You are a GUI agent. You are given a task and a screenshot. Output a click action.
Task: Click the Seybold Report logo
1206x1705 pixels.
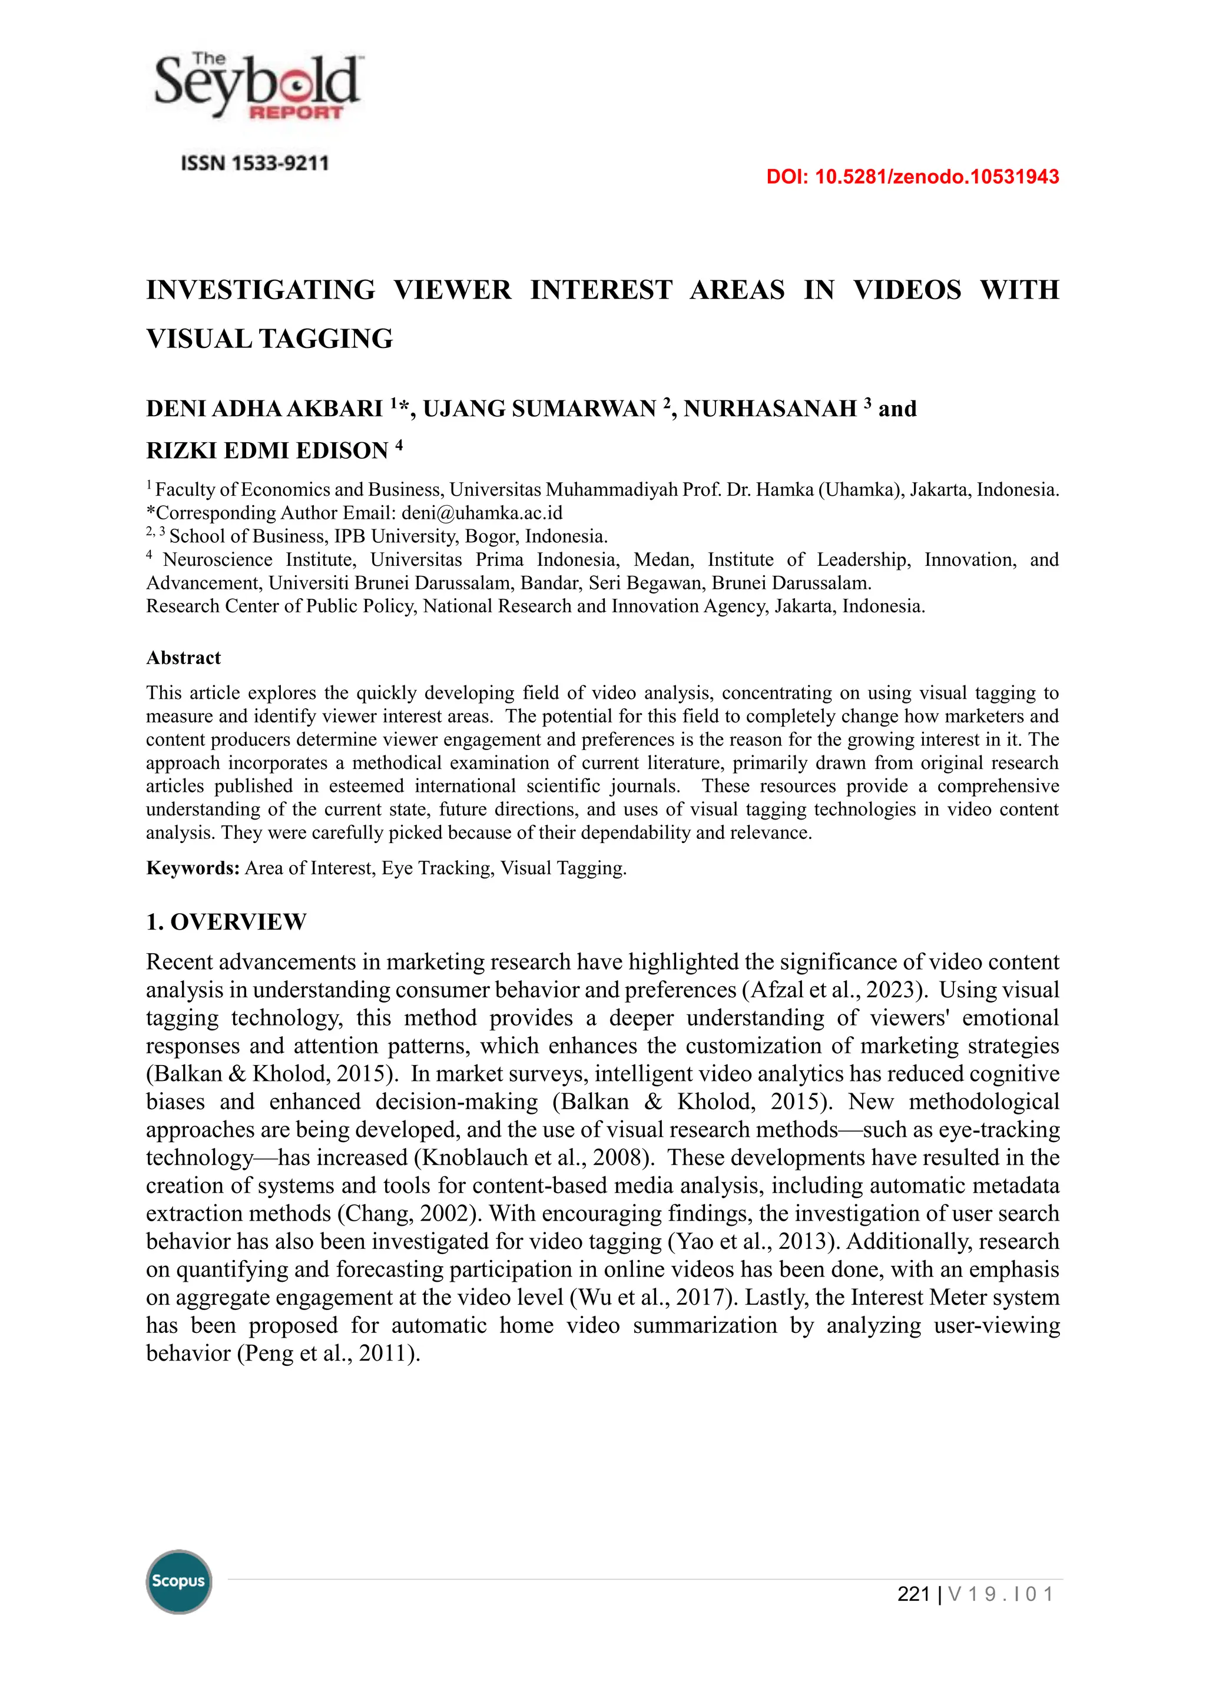pos(257,87)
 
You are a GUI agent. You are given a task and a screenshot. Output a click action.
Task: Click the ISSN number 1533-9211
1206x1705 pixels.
pos(255,163)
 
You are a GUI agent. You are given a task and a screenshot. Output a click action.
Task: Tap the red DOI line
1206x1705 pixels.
pos(912,177)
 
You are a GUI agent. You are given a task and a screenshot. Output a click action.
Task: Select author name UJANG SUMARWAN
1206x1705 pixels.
pos(539,409)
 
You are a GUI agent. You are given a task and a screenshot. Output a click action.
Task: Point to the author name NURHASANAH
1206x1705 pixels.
pos(770,409)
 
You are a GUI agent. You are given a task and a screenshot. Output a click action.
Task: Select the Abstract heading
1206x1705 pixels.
pos(183,658)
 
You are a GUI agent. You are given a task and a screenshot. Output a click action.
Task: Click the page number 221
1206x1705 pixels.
pos(913,1594)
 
